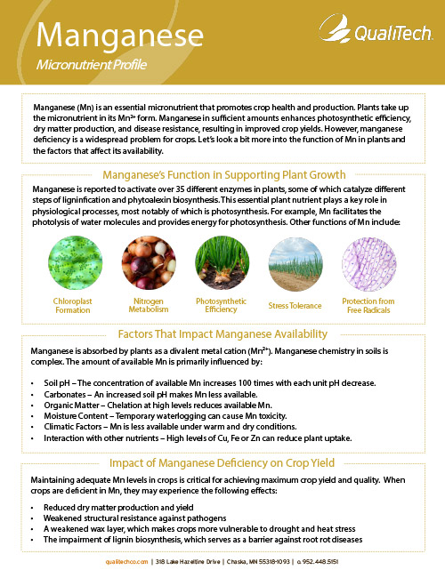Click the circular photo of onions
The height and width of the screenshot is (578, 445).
pyautogui.click(x=148, y=264)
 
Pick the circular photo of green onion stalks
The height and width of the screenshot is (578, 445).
pyautogui.click(x=222, y=264)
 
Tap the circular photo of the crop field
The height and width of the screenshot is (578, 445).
pyautogui.click(x=295, y=264)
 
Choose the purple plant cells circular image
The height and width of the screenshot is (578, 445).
pyautogui.click(x=368, y=264)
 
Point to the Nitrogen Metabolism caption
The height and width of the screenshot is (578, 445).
pyautogui.click(x=148, y=306)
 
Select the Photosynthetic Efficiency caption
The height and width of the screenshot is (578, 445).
pyautogui.click(x=222, y=306)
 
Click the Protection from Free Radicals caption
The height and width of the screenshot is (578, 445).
pyautogui.click(x=368, y=306)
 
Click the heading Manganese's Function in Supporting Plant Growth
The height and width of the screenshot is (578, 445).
pyautogui.click(x=223, y=174)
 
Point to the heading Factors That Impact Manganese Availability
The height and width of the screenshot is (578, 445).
pyautogui.click(x=222, y=334)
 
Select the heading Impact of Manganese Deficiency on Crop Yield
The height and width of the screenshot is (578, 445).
pyautogui.click(x=222, y=463)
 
